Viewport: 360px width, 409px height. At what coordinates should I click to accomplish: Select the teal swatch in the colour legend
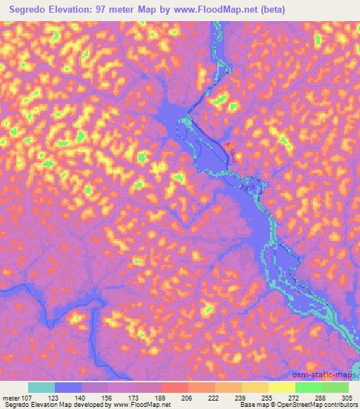click(x=41, y=387)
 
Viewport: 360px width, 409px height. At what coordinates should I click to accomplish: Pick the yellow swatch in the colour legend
click(x=282, y=387)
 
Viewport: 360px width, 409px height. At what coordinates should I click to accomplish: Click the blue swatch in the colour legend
click(x=68, y=387)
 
